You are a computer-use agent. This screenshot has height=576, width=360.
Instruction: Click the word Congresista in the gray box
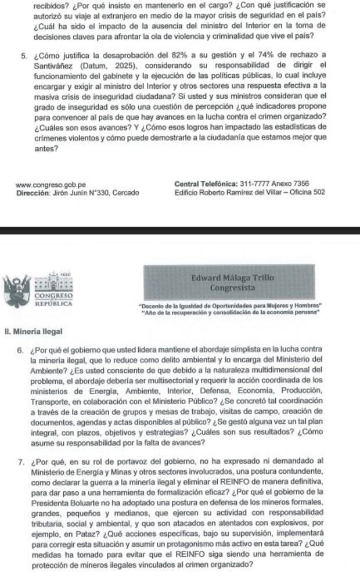pos(232,287)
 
